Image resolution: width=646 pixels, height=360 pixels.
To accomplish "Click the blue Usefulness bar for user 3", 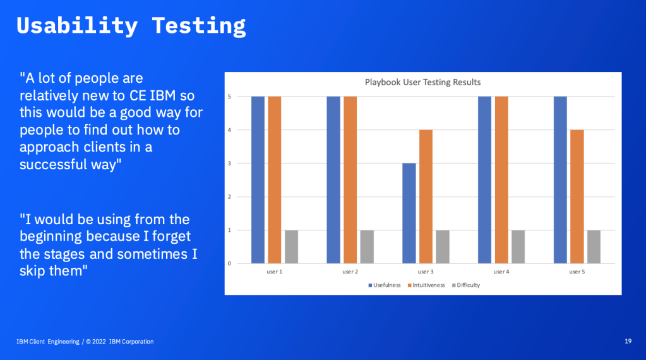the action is pyautogui.click(x=409, y=213).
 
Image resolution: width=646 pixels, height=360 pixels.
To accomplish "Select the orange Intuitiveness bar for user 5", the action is pyautogui.click(x=577, y=196).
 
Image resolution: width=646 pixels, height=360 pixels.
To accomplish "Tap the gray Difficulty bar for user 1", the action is pyautogui.click(x=291, y=247).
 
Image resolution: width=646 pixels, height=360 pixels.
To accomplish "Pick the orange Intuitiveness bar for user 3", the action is pyautogui.click(x=426, y=196).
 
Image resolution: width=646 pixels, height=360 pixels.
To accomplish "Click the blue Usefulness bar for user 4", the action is pyautogui.click(x=485, y=180).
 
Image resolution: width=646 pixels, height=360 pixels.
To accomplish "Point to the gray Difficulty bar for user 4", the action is pyautogui.click(x=518, y=247).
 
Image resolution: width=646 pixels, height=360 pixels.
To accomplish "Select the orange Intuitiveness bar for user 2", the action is pyautogui.click(x=350, y=180).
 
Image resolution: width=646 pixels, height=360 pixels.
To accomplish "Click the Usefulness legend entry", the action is pyautogui.click(x=385, y=285).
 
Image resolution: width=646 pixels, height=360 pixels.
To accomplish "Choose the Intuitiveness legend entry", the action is pyautogui.click(x=426, y=285).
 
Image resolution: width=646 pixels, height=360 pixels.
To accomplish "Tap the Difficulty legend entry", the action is pyautogui.click(x=466, y=285).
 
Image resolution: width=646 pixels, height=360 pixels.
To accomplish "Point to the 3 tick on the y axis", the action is pyautogui.click(x=229, y=164).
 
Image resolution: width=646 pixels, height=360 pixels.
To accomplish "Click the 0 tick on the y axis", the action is pyautogui.click(x=229, y=263).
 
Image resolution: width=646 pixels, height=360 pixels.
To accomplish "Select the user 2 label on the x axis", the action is pyautogui.click(x=350, y=272).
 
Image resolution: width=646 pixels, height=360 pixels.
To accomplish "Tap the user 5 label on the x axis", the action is pyautogui.click(x=577, y=272).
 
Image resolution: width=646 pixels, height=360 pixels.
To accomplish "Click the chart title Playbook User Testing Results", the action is pyautogui.click(x=422, y=82).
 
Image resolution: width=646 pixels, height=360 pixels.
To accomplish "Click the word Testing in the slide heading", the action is pyautogui.click(x=199, y=26).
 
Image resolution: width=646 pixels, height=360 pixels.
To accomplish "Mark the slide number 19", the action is pyautogui.click(x=628, y=341).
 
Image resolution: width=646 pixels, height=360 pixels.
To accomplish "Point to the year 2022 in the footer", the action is pyautogui.click(x=99, y=342).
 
